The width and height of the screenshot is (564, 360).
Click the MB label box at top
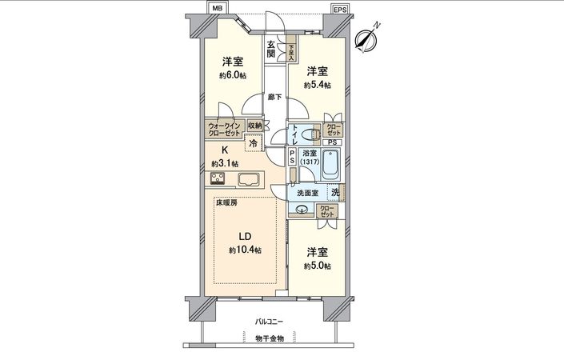(x=217, y=8)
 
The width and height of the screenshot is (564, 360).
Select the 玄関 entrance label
(x=272, y=49)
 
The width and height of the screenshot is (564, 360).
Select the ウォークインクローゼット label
(x=224, y=129)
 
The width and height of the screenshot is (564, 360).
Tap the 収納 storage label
(x=254, y=126)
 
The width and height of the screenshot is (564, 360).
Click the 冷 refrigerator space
(x=254, y=144)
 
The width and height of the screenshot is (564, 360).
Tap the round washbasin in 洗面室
(x=302, y=210)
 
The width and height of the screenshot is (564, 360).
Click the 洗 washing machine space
(x=334, y=191)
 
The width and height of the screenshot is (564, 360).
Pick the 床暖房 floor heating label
(x=226, y=203)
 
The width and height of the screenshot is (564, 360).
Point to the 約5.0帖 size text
(x=318, y=266)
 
